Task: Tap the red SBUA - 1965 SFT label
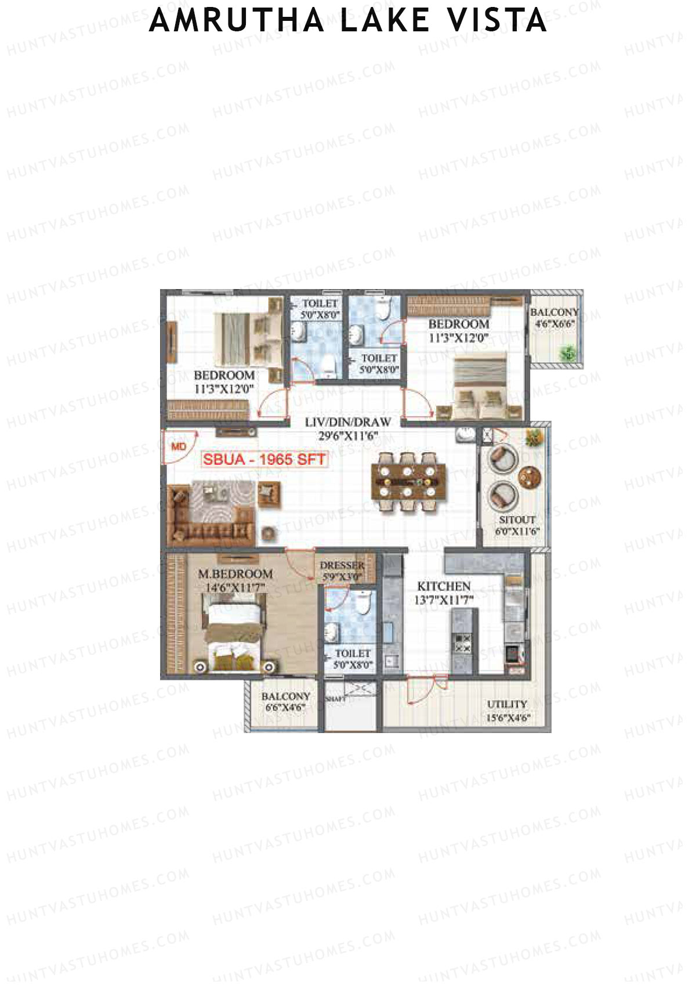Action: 264,460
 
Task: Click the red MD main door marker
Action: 179,446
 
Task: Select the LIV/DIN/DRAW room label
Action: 347,422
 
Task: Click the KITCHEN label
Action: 444,586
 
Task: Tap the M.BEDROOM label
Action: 235,573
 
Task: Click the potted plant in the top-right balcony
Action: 567,352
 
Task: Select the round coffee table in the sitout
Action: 530,478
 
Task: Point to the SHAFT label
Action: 335,699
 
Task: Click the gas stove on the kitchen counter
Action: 463,644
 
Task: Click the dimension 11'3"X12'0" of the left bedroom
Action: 224,389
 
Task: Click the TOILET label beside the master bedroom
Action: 352,653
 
